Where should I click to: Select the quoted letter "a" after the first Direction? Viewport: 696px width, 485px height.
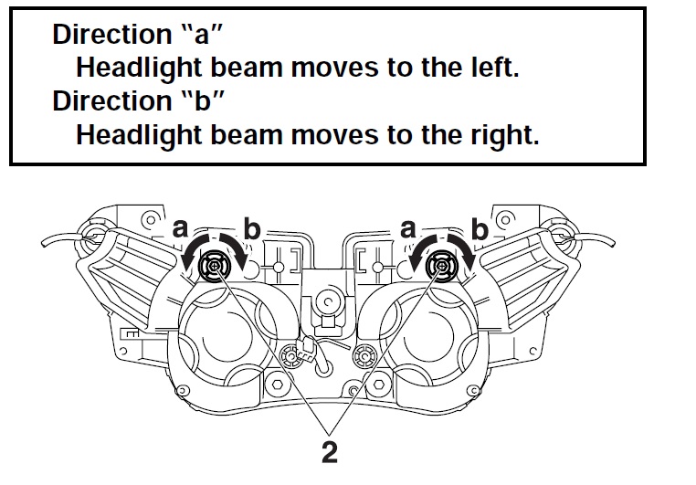(x=203, y=34)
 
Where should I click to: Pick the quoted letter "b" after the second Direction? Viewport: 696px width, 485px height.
(x=204, y=100)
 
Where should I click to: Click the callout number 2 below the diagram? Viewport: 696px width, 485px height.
(x=330, y=452)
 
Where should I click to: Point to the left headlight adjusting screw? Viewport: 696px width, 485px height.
(x=215, y=266)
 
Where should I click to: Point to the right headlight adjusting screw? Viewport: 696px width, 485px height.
(x=442, y=266)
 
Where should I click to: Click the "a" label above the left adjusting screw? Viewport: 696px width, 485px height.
(x=180, y=229)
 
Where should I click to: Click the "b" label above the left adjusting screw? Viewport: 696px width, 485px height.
(x=252, y=229)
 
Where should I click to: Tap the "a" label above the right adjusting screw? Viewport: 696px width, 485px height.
(x=408, y=229)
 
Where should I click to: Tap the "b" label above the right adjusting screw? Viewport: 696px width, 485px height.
(x=480, y=229)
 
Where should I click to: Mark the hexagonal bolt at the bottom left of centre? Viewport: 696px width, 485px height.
(x=277, y=384)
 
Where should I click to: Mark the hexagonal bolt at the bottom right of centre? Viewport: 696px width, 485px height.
(x=380, y=384)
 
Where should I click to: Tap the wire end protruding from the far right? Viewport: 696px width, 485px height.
(x=612, y=243)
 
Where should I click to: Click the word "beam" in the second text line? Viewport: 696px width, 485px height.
(x=247, y=68)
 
